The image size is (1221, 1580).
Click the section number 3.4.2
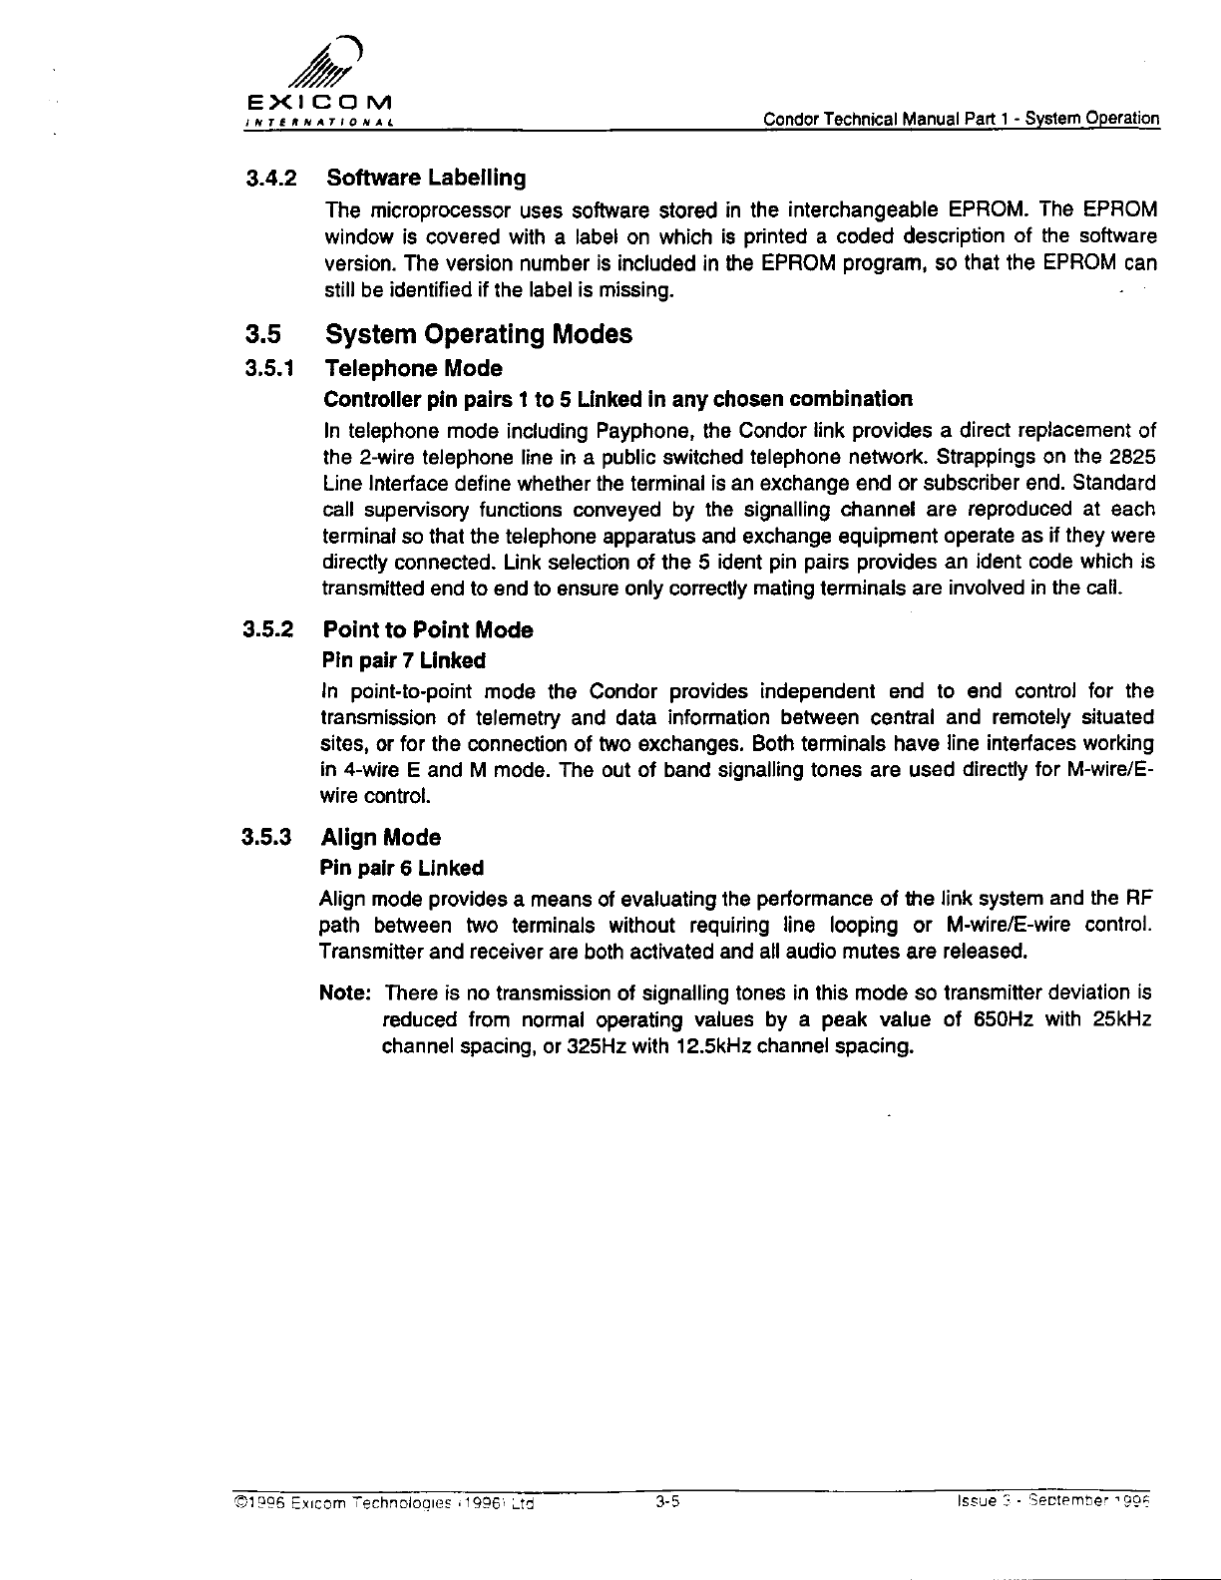click(272, 179)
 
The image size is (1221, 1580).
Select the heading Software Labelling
click(426, 179)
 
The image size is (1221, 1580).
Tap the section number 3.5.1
click(272, 369)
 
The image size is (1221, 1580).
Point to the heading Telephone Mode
click(413, 369)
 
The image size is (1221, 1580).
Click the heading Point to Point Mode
click(428, 630)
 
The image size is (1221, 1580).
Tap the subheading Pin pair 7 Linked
click(402, 660)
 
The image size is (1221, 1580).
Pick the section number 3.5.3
click(272, 838)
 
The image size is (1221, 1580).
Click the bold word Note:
click(346, 993)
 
